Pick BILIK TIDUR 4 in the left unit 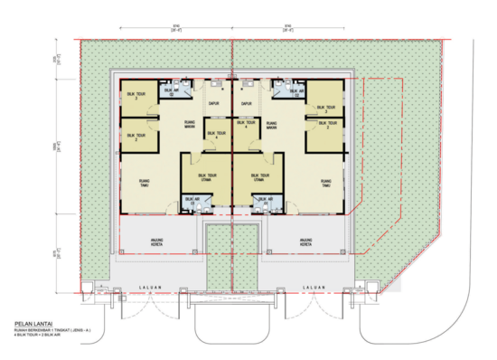click(213, 134)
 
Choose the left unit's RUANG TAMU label click(145, 183)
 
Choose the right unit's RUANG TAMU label click(325, 183)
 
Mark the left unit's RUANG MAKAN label click(188, 126)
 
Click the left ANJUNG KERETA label click(159, 242)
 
